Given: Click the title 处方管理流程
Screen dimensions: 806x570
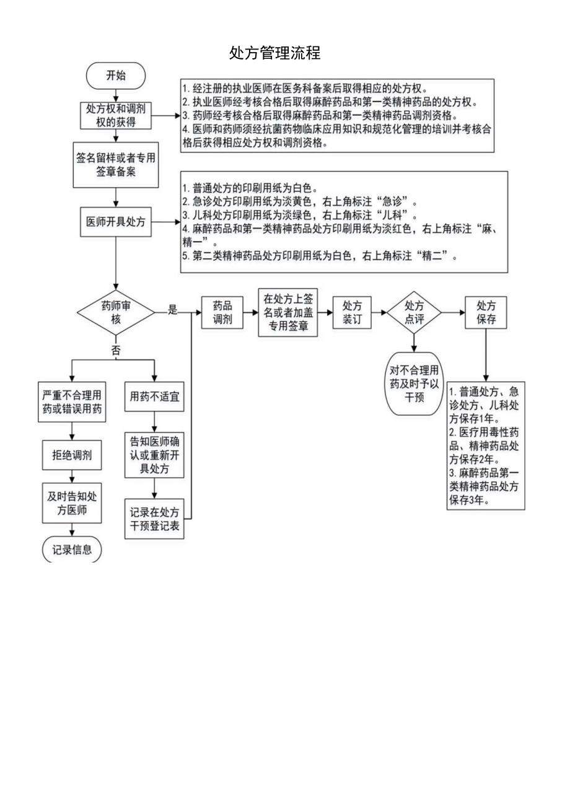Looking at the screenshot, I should click(x=274, y=53).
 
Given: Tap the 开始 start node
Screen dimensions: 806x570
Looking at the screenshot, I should click(x=116, y=76).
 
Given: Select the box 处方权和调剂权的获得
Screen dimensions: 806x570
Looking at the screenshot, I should click(x=116, y=115).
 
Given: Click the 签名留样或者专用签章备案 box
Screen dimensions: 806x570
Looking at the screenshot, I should click(x=116, y=165).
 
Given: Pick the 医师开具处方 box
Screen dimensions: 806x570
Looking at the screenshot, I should click(x=116, y=222).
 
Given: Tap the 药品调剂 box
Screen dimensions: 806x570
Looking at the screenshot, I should click(x=222, y=312).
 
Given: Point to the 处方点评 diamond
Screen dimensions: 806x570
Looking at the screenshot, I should click(x=414, y=312).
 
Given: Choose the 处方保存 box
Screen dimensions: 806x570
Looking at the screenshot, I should click(x=486, y=312).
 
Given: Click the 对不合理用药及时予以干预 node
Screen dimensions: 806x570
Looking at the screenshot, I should click(x=414, y=383).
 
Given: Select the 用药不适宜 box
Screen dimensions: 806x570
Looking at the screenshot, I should click(x=154, y=396).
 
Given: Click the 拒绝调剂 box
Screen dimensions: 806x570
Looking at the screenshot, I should click(x=72, y=456).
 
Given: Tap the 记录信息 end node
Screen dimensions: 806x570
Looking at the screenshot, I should click(x=72, y=549).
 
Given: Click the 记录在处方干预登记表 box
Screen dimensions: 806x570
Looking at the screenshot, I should click(x=154, y=519).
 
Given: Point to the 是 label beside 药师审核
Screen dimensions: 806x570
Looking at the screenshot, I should click(x=173, y=311).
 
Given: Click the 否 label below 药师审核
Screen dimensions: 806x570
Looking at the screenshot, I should click(x=116, y=350).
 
